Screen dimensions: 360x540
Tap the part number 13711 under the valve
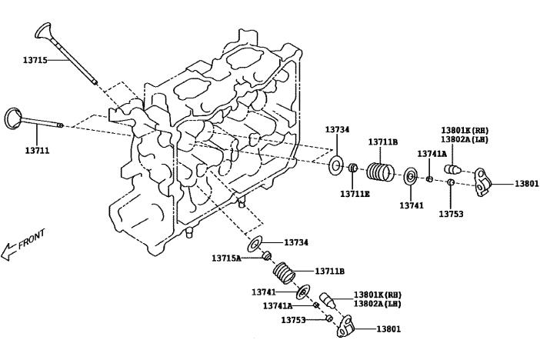point(37,150)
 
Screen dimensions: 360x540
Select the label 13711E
point(355,193)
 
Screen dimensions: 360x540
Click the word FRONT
point(32,239)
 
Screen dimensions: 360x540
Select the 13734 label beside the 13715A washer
point(296,242)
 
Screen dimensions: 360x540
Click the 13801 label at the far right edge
point(527,184)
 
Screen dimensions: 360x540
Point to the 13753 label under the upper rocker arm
point(452,213)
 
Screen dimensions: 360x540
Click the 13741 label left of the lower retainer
point(264,292)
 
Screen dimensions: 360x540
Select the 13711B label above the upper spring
point(382,142)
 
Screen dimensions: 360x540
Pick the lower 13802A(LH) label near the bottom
point(378,304)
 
